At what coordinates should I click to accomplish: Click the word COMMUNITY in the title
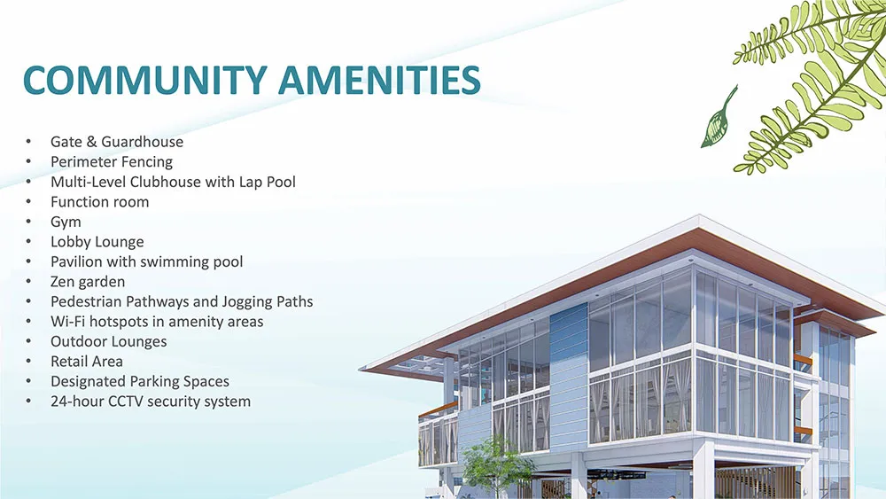click(144, 80)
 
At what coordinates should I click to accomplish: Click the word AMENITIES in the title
click(379, 80)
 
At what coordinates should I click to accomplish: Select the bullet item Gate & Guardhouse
click(117, 141)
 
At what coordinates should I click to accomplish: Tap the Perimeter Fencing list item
click(112, 162)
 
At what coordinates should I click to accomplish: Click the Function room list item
click(99, 202)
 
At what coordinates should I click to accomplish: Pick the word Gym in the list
click(66, 222)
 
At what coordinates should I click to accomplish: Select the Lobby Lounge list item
click(97, 243)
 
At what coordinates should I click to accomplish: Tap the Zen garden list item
click(88, 282)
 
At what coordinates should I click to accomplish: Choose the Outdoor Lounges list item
click(108, 342)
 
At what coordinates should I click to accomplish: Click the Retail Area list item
click(87, 362)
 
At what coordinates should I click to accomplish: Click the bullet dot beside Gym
click(28, 221)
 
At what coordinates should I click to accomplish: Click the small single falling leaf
click(718, 119)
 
